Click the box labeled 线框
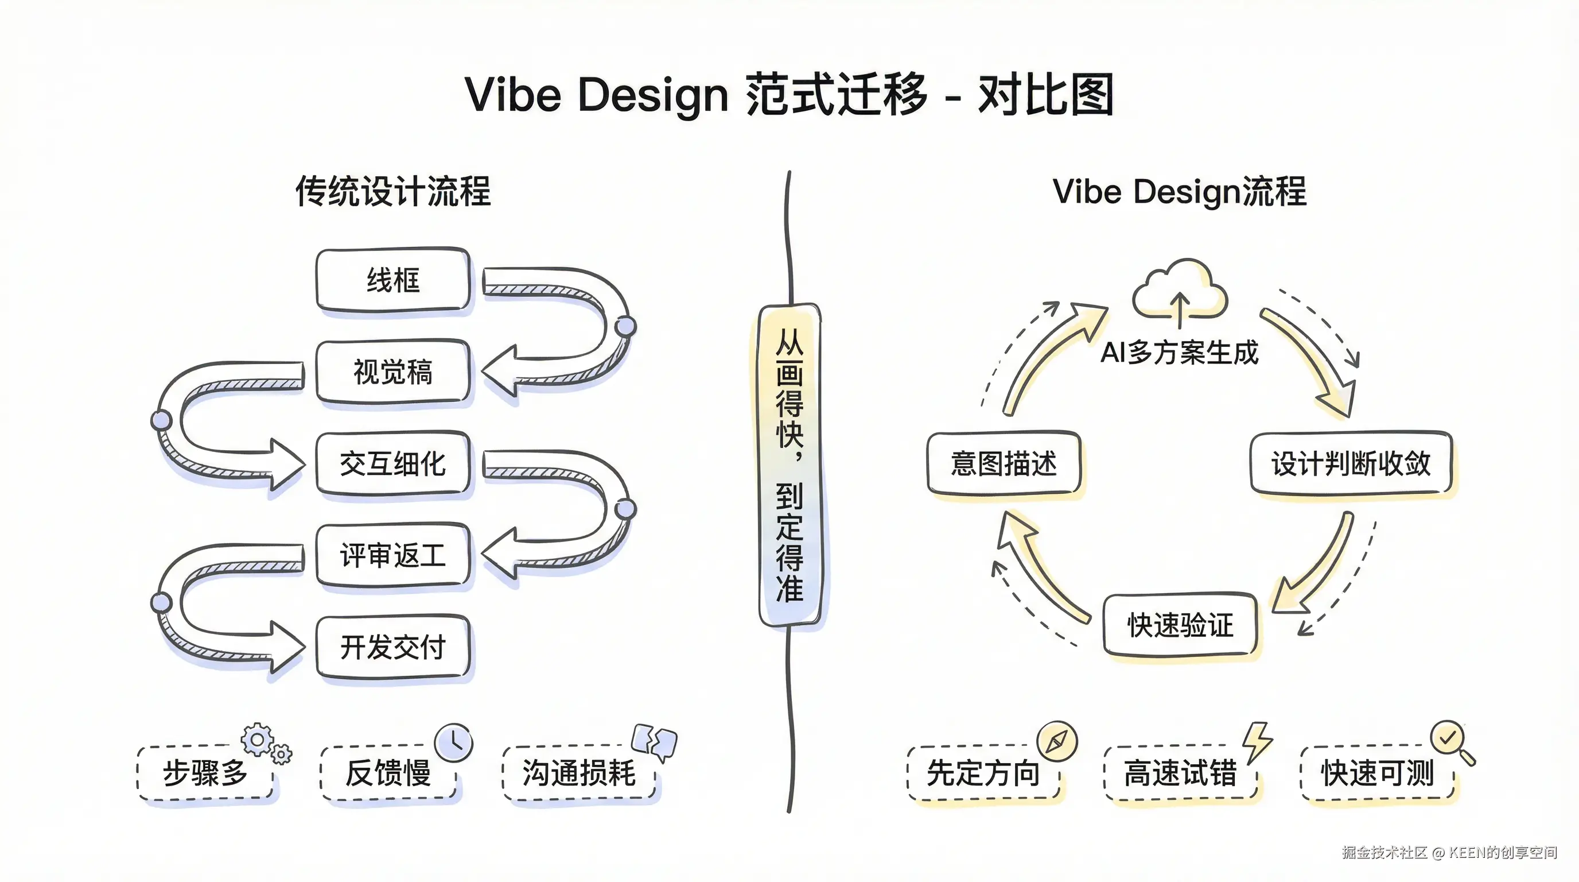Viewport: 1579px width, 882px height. (x=393, y=280)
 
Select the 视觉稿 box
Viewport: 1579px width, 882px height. (x=393, y=372)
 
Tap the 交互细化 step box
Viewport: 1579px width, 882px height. (x=393, y=463)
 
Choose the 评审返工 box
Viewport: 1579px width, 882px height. (x=393, y=555)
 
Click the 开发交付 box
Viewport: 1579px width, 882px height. (x=393, y=647)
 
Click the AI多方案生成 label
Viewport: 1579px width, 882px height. (x=1179, y=353)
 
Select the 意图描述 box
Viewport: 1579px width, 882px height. (x=1004, y=463)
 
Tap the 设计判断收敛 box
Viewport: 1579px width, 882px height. (x=1351, y=463)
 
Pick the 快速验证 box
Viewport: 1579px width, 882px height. (x=1180, y=625)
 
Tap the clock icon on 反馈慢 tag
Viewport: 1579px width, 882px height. (x=454, y=742)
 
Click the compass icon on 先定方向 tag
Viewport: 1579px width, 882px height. (x=1057, y=741)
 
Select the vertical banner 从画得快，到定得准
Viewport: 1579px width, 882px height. (x=789, y=465)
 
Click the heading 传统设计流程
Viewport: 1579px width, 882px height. (x=393, y=191)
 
